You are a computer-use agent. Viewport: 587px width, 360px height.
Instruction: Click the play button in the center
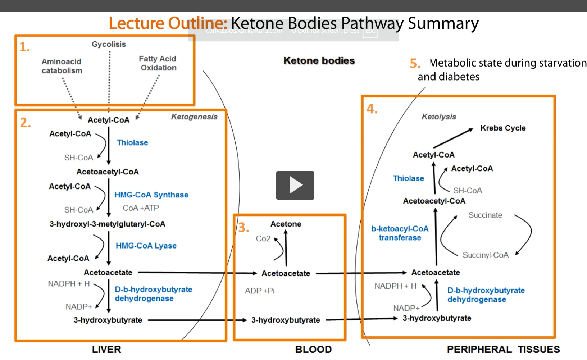tap(295, 185)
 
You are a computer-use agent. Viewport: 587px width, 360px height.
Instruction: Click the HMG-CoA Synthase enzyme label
tap(151, 195)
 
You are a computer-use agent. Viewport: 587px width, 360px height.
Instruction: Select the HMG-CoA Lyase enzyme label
tap(146, 246)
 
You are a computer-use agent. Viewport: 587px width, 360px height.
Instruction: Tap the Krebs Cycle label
tap(502, 128)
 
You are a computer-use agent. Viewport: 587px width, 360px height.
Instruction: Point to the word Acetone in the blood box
tap(286, 224)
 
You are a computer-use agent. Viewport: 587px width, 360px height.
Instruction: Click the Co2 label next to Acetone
tap(263, 239)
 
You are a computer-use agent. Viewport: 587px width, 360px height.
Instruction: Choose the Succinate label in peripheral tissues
tap(485, 215)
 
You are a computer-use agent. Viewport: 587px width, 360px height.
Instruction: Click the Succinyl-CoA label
tap(485, 255)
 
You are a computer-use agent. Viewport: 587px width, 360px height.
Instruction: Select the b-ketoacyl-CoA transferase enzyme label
tap(400, 233)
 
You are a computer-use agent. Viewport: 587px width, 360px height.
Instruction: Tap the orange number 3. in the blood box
tap(244, 228)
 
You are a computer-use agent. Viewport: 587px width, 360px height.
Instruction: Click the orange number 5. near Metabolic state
tap(415, 64)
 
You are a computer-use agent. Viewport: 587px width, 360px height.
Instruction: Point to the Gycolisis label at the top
tap(109, 44)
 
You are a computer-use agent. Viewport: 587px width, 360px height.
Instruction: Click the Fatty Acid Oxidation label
tap(158, 63)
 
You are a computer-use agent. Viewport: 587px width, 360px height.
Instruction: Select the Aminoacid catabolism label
tap(62, 66)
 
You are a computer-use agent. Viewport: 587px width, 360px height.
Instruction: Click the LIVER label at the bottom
tap(106, 350)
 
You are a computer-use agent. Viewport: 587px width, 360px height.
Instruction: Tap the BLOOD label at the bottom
tap(313, 350)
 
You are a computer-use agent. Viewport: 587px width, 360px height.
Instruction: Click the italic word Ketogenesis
tap(194, 117)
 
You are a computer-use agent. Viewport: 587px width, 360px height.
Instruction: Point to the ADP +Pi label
tap(259, 291)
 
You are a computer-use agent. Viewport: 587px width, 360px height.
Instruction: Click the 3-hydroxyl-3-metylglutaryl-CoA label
tap(107, 224)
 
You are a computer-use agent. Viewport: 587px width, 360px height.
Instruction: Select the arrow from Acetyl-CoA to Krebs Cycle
tap(453, 138)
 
